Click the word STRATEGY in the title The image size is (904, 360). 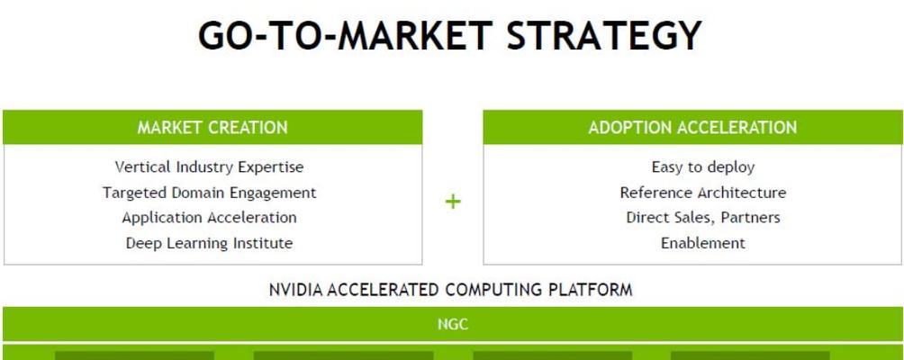coord(604,35)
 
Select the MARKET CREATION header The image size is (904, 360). coord(212,127)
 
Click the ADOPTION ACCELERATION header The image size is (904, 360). coord(692,127)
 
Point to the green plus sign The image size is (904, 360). coord(453,202)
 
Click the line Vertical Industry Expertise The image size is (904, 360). coord(209,167)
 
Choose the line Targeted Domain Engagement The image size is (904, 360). coord(209,193)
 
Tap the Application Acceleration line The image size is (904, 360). coord(209,218)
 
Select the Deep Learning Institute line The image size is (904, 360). coord(209,243)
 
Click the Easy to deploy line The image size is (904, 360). coord(703,167)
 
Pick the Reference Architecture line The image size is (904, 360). coord(703,193)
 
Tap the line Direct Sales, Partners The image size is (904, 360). coord(703,218)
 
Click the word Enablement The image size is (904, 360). coord(703,243)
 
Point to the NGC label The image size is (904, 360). coord(453,324)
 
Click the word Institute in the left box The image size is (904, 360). coord(262,243)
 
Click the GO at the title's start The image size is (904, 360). coord(222,35)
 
